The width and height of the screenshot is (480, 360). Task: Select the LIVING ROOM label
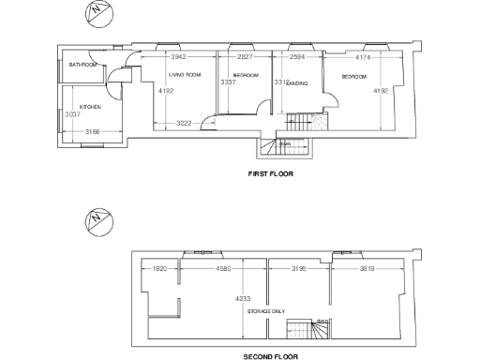point(185,74)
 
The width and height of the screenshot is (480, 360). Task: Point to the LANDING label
point(298,83)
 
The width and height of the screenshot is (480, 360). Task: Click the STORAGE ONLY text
point(266,310)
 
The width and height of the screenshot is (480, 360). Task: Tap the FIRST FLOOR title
point(271,174)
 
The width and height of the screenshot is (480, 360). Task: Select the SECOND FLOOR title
point(271,356)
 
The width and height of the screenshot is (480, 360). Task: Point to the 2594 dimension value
point(297,57)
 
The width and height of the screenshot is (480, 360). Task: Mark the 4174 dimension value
point(364,57)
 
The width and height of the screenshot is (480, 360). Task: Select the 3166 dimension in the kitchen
point(93,131)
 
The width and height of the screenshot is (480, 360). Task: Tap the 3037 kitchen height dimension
point(68,114)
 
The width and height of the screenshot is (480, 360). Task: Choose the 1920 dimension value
point(159,269)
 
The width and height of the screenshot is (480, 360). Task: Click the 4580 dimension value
point(223,269)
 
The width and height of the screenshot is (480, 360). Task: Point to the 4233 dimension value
point(243,299)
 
